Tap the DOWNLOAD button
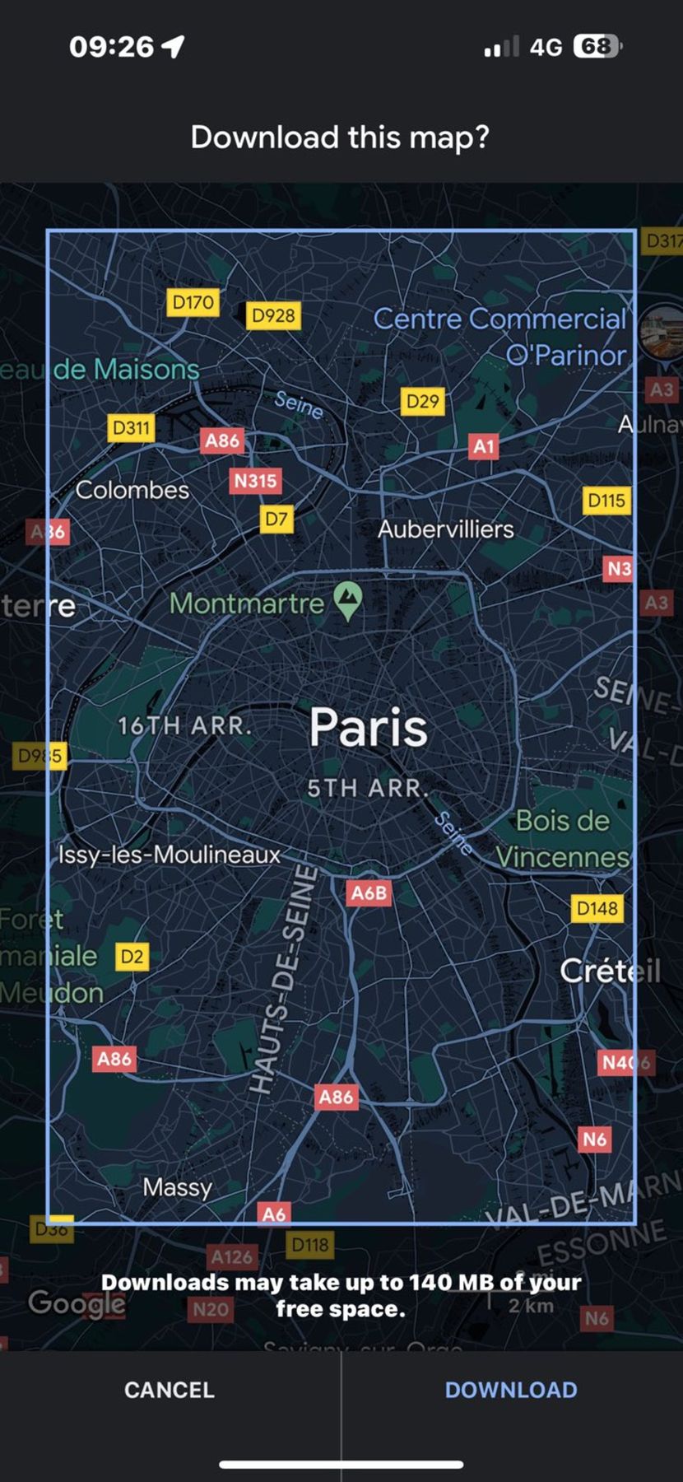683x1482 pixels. tap(510, 1390)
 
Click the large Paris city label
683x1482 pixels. tap(369, 728)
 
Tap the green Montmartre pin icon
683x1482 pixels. tap(349, 601)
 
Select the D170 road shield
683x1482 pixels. tap(193, 302)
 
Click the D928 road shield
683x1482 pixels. tap(273, 315)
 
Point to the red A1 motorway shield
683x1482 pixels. tap(483, 446)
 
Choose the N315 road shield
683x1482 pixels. tap(255, 480)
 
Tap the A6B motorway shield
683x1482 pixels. tap(369, 892)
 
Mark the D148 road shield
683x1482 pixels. tap(597, 908)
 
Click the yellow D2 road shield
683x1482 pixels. tap(132, 957)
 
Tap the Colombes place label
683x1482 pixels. tap(132, 490)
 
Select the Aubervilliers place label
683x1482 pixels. tap(445, 529)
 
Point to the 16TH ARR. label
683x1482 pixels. tap(184, 726)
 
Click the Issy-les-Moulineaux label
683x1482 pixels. tap(170, 854)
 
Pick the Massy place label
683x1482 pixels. tap(177, 1186)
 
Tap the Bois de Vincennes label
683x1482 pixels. tap(563, 838)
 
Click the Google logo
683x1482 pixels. tap(77, 1303)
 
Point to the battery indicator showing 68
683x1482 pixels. tap(597, 46)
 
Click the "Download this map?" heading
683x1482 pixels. tap(340, 137)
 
